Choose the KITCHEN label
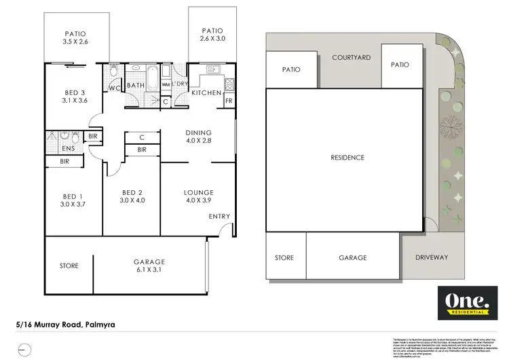click(x=205, y=92)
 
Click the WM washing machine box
click(x=166, y=85)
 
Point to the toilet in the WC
click(x=115, y=71)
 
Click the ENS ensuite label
click(x=68, y=149)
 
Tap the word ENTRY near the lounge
click(x=219, y=217)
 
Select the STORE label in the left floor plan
click(x=69, y=266)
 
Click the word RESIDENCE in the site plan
click(x=347, y=158)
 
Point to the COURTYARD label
click(x=351, y=58)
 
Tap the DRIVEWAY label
click(x=431, y=257)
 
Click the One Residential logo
click(x=466, y=303)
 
